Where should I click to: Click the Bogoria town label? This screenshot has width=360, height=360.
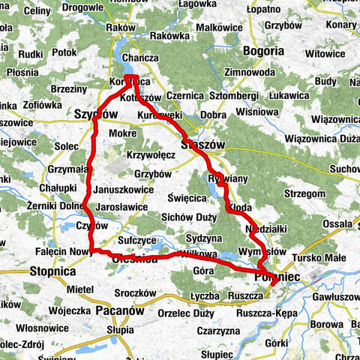point(263,51)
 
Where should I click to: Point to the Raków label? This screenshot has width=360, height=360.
point(121,28)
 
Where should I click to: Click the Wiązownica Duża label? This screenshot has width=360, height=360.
point(321,138)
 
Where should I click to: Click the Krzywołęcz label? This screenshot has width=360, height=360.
point(151,154)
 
